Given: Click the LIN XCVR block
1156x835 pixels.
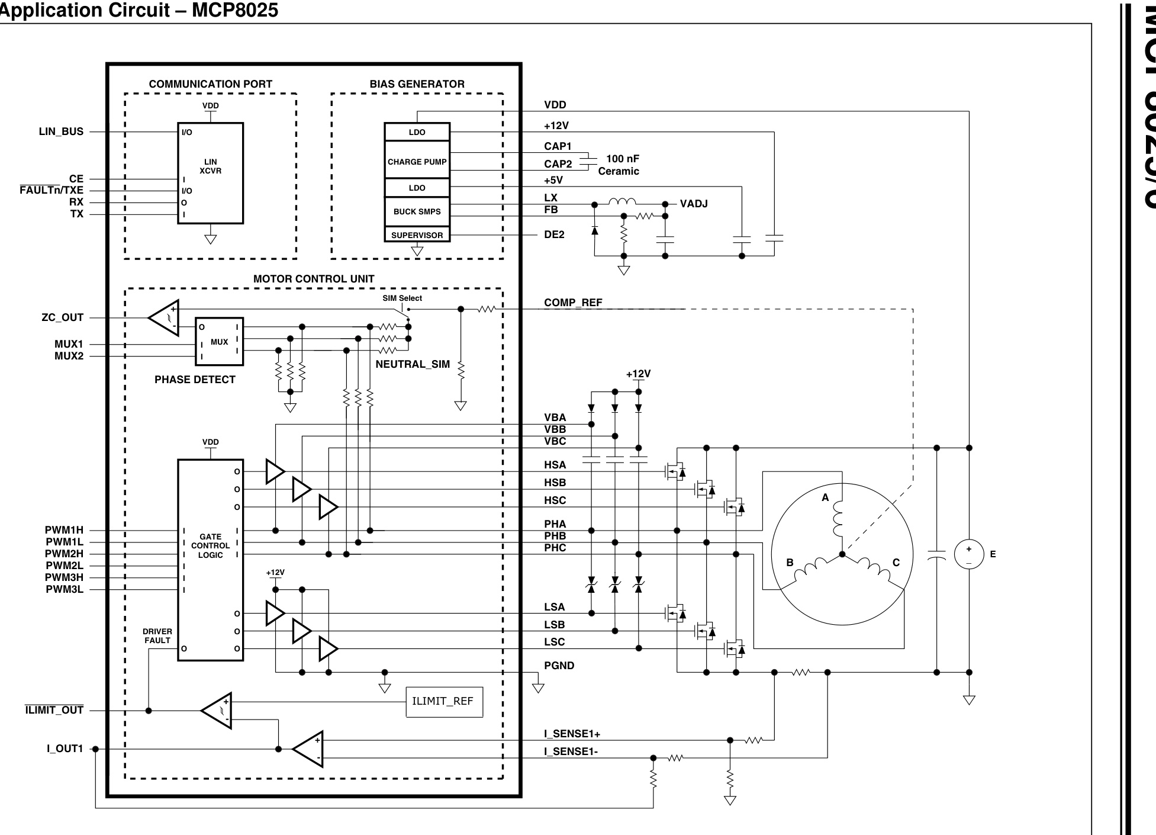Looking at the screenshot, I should (210, 173).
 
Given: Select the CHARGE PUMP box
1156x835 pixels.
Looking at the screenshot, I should (417, 162).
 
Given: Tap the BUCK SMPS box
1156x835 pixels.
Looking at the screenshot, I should (417, 211).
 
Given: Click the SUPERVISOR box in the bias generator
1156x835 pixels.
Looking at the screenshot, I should (417, 235).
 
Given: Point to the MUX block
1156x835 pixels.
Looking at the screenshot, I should (219, 342).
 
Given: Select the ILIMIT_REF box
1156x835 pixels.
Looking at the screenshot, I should (444, 702).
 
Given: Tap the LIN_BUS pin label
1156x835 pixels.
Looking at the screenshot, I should (61, 131).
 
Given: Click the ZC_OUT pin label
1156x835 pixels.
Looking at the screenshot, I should (62, 317).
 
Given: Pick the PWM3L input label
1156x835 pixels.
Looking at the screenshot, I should (64, 589).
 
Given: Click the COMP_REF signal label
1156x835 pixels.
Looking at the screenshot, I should (572, 303).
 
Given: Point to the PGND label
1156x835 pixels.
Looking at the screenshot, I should (559, 666).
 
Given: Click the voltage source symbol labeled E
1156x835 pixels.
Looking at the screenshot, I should (968, 554).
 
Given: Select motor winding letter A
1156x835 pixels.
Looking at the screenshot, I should (825, 497).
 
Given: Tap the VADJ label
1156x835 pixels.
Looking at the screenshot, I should (693, 204).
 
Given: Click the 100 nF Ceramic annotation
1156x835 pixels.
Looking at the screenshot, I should (619, 165).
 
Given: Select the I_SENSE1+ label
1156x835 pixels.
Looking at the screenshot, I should (572, 734).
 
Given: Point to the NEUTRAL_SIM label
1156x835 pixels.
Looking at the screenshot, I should (413, 364).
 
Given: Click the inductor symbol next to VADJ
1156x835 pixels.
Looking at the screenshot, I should (622, 203).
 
